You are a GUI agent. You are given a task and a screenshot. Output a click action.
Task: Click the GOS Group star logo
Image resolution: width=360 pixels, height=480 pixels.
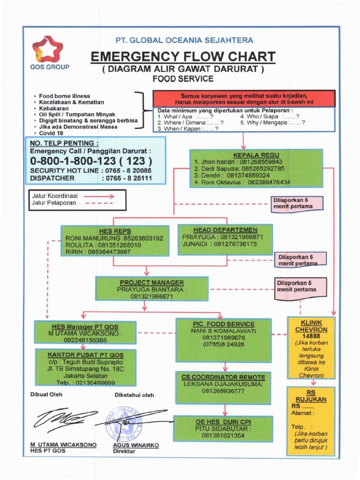[x=47, y=49]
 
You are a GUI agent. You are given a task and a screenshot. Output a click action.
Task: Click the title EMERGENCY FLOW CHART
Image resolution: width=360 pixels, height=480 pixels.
[x=183, y=57]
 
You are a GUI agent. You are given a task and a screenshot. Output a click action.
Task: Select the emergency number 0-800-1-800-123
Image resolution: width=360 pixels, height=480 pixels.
[x=91, y=161]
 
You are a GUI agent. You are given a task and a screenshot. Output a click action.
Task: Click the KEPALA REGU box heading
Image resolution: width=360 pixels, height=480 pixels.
[x=256, y=155]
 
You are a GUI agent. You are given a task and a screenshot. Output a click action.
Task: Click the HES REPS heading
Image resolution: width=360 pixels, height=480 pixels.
[x=115, y=231]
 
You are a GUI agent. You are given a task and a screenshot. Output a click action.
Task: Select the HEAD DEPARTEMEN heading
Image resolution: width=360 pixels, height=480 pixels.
[x=225, y=230]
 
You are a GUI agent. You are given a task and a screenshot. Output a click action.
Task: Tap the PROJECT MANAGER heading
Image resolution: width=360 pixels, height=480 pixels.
[x=151, y=283]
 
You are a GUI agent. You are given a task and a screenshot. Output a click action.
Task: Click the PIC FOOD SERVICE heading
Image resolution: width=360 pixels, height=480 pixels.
[x=224, y=324]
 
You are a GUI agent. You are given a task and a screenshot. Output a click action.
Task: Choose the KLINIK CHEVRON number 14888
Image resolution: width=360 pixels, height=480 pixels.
[x=311, y=336]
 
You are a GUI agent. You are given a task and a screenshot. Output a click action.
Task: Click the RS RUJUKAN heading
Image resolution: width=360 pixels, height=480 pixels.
[x=310, y=396]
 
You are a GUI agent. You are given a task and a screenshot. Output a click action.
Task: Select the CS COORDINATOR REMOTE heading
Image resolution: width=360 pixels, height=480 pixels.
[x=224, y=377]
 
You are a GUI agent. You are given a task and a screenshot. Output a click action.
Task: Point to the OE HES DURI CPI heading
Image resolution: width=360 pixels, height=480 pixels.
[x=223, y=421]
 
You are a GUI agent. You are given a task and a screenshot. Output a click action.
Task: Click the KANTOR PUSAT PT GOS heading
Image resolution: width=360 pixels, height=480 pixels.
[x=85, y=355]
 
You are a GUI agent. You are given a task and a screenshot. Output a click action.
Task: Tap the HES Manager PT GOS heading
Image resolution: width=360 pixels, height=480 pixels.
[x=85, y=327]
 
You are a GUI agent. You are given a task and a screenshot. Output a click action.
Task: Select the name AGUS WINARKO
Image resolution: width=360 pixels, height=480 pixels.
[x=135, y=445]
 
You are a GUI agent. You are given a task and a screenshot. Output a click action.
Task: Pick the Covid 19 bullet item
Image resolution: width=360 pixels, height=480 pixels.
[x=51, y=133]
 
